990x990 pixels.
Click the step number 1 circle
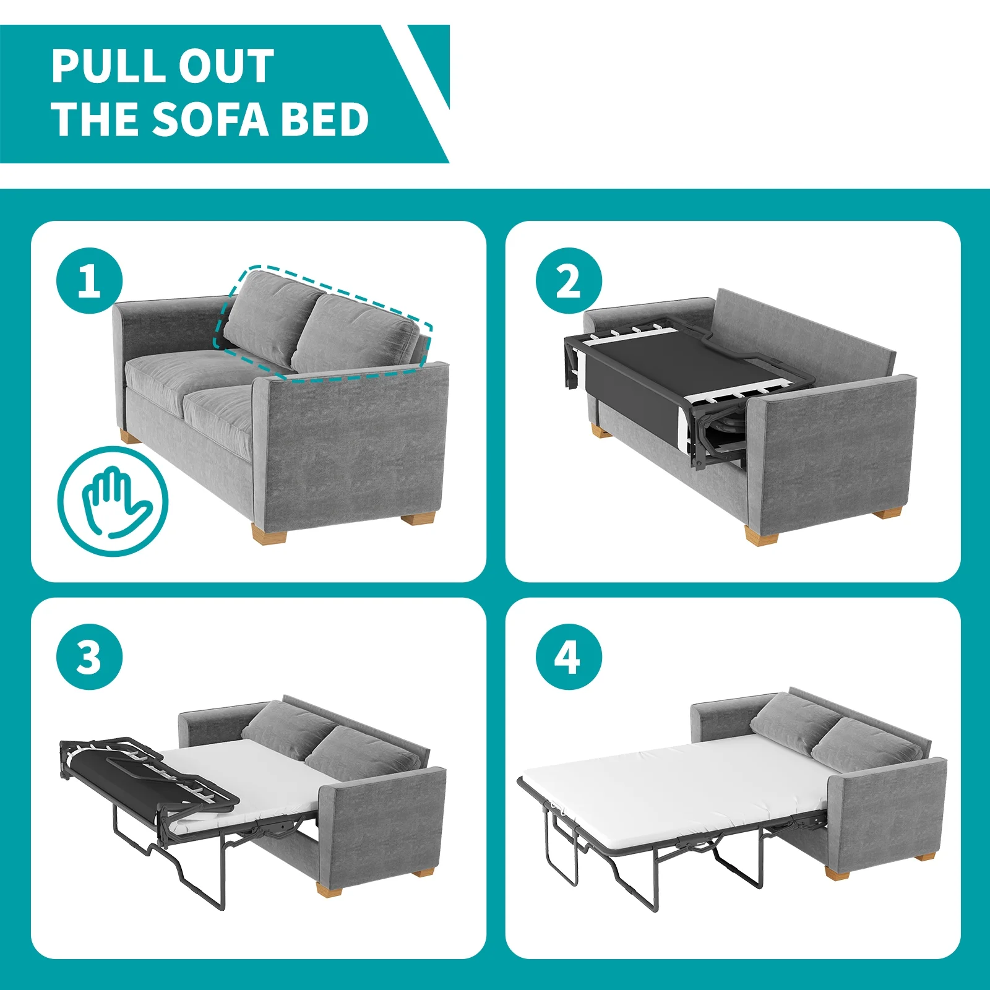pos(89,281)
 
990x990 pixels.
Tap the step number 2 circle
pos(568,281)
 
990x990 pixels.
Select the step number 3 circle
pos(89,657)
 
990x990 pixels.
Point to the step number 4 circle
pos(568,657)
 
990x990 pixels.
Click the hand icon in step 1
pos(113,501)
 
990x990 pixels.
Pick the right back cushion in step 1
pos(356,334)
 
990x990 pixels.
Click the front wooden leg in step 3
pos(330,889)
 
